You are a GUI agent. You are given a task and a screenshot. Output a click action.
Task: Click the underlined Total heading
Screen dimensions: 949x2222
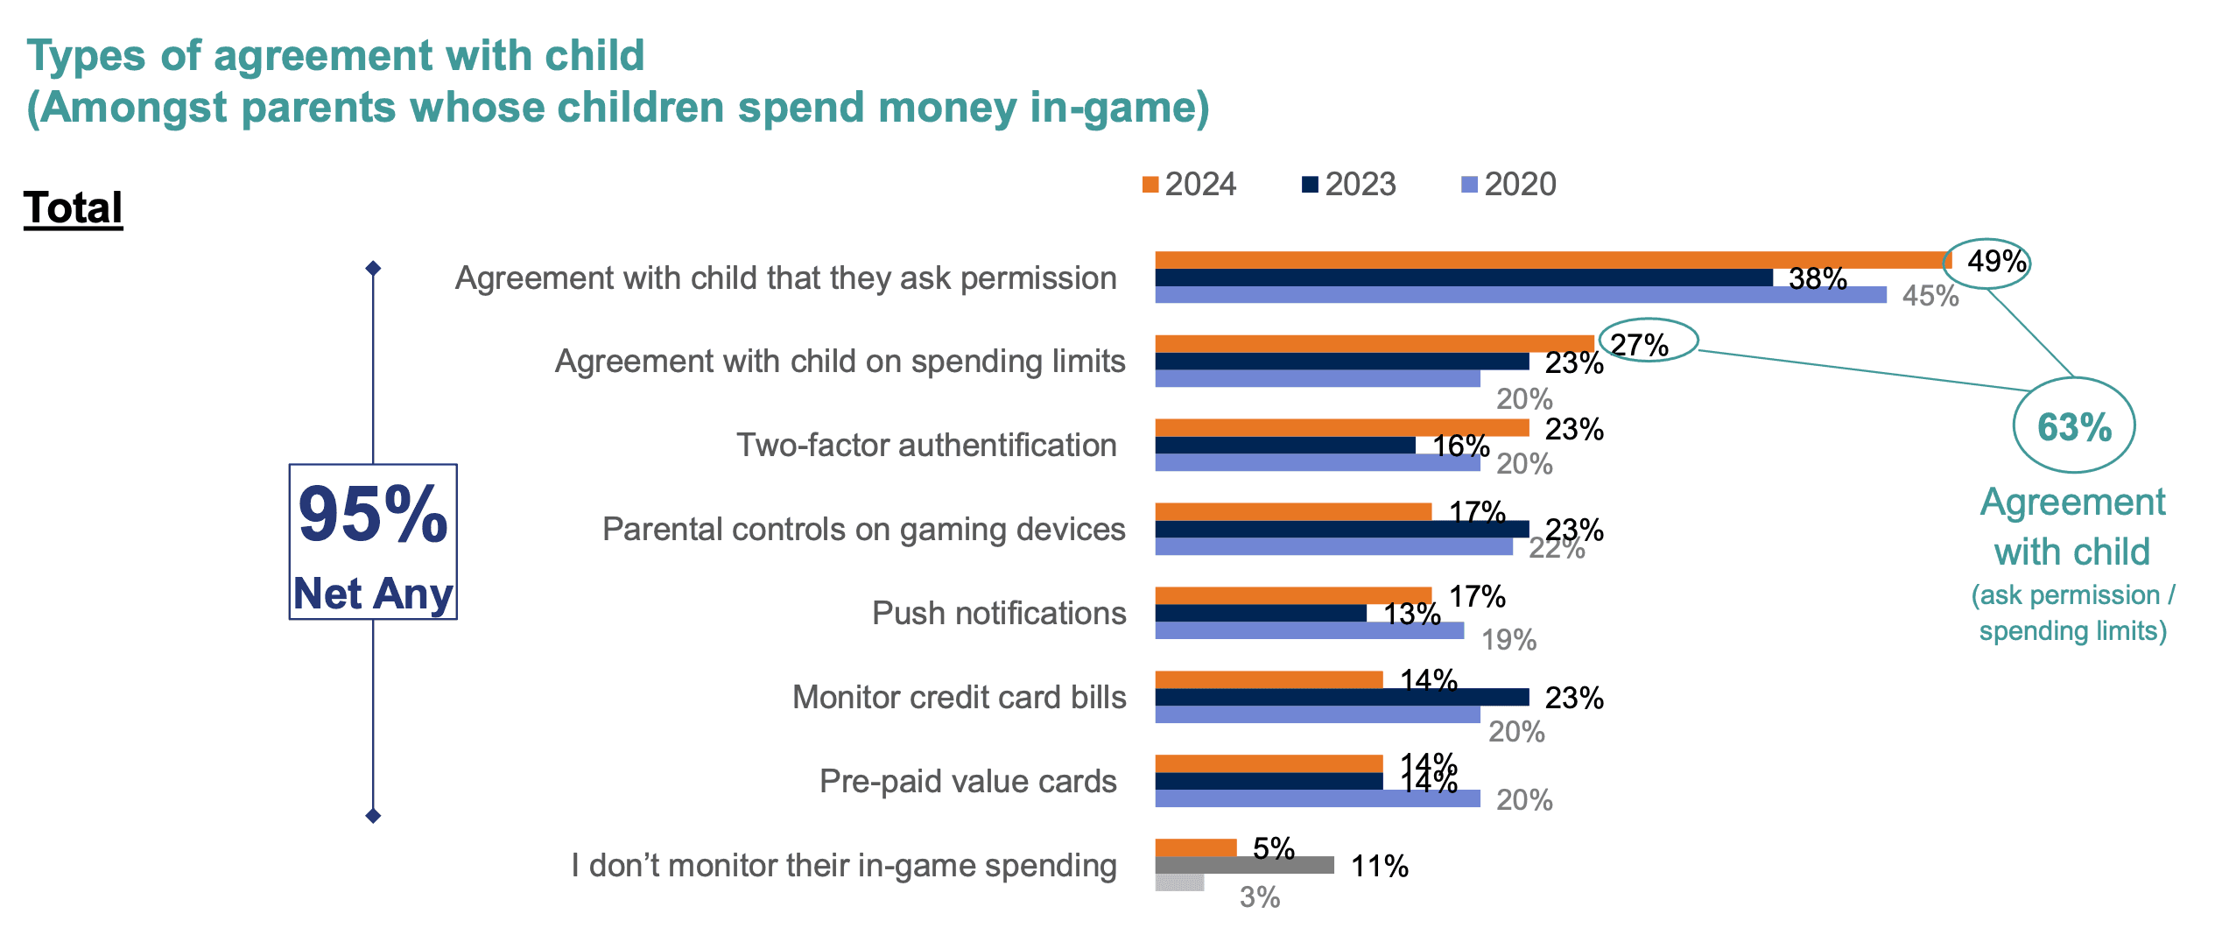[x=73, y=208]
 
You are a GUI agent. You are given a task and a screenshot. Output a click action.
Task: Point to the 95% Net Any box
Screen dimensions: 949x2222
[x=373, y=542]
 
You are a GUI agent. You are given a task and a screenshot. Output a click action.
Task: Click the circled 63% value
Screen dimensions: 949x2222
[x=2073, y=426]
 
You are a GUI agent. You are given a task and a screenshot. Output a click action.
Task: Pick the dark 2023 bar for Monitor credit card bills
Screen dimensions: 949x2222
[x=1341, y=697]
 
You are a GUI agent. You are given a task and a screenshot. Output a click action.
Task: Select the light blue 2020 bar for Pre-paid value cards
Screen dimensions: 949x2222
[x=1317, y=798]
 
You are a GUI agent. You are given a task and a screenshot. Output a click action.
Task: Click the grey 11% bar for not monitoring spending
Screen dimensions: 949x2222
[x=1244, y=865]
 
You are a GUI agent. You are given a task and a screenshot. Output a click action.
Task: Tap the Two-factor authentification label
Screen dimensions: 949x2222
[x=926, y=445]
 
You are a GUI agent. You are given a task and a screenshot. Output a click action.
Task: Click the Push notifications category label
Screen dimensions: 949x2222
[x=999, y=613]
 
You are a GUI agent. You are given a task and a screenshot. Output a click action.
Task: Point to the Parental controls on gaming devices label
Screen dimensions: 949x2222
[x=863, y=529]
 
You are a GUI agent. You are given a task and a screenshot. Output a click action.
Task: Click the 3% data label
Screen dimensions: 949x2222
[x=1259, y=897]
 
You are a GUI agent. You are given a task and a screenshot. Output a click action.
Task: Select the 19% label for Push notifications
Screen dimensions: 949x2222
[x=1508, y=640]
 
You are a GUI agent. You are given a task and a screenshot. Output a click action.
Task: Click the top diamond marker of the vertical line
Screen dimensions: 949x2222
[x=373, y=268]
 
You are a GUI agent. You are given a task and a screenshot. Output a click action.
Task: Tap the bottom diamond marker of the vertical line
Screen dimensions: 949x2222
[x=373, y=816]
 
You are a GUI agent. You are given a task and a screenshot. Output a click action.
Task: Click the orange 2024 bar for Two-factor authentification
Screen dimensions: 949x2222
[x=1341, y=428]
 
